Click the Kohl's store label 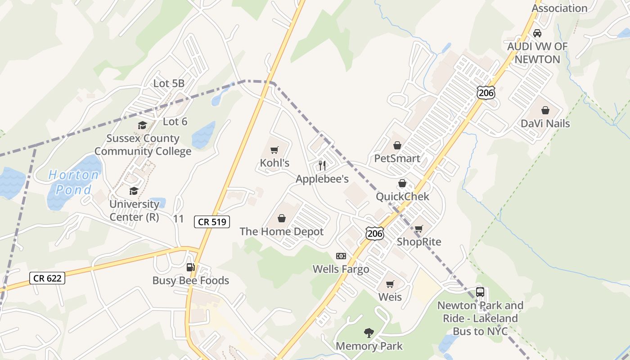pyautogui.click(x=274, y=162)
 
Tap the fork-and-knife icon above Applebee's pyautogui.click(x=322, y=166)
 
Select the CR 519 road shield pyautogui.click(x=212, y=221)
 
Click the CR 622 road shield pyautogui.click(x=47, y=278)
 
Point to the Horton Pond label pyautogui.click(x=74, y=182)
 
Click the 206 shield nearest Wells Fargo pyautogui.click(x=374, y=233)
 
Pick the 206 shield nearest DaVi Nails pyautogui.click(x=486, y=93)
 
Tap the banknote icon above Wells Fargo pyautogui.click(x=341, y=256)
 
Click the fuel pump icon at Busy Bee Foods pyautogui.click(x=191, y=267)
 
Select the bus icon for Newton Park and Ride pyautogui.click(x=480, y=292)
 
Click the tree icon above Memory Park pyautogui.click(x=369, y=333)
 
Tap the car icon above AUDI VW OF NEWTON pyautogui.click(x=537, y=33)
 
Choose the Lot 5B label pyautogui.click(x=169, y=83)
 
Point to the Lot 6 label pyautogui.click(x=175, y=121)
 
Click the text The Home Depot pyautogui.click(x=282, y=232)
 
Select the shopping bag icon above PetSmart pyautogui.click(x=397, y=145)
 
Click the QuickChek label pyautogui.click(x=403, y=197)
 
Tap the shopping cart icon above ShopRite pyautogui.click(x=418, y=229)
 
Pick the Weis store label pyautogui.click(x=390, y=297)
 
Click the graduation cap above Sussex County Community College pyautogui.click(x=143, y=126)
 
